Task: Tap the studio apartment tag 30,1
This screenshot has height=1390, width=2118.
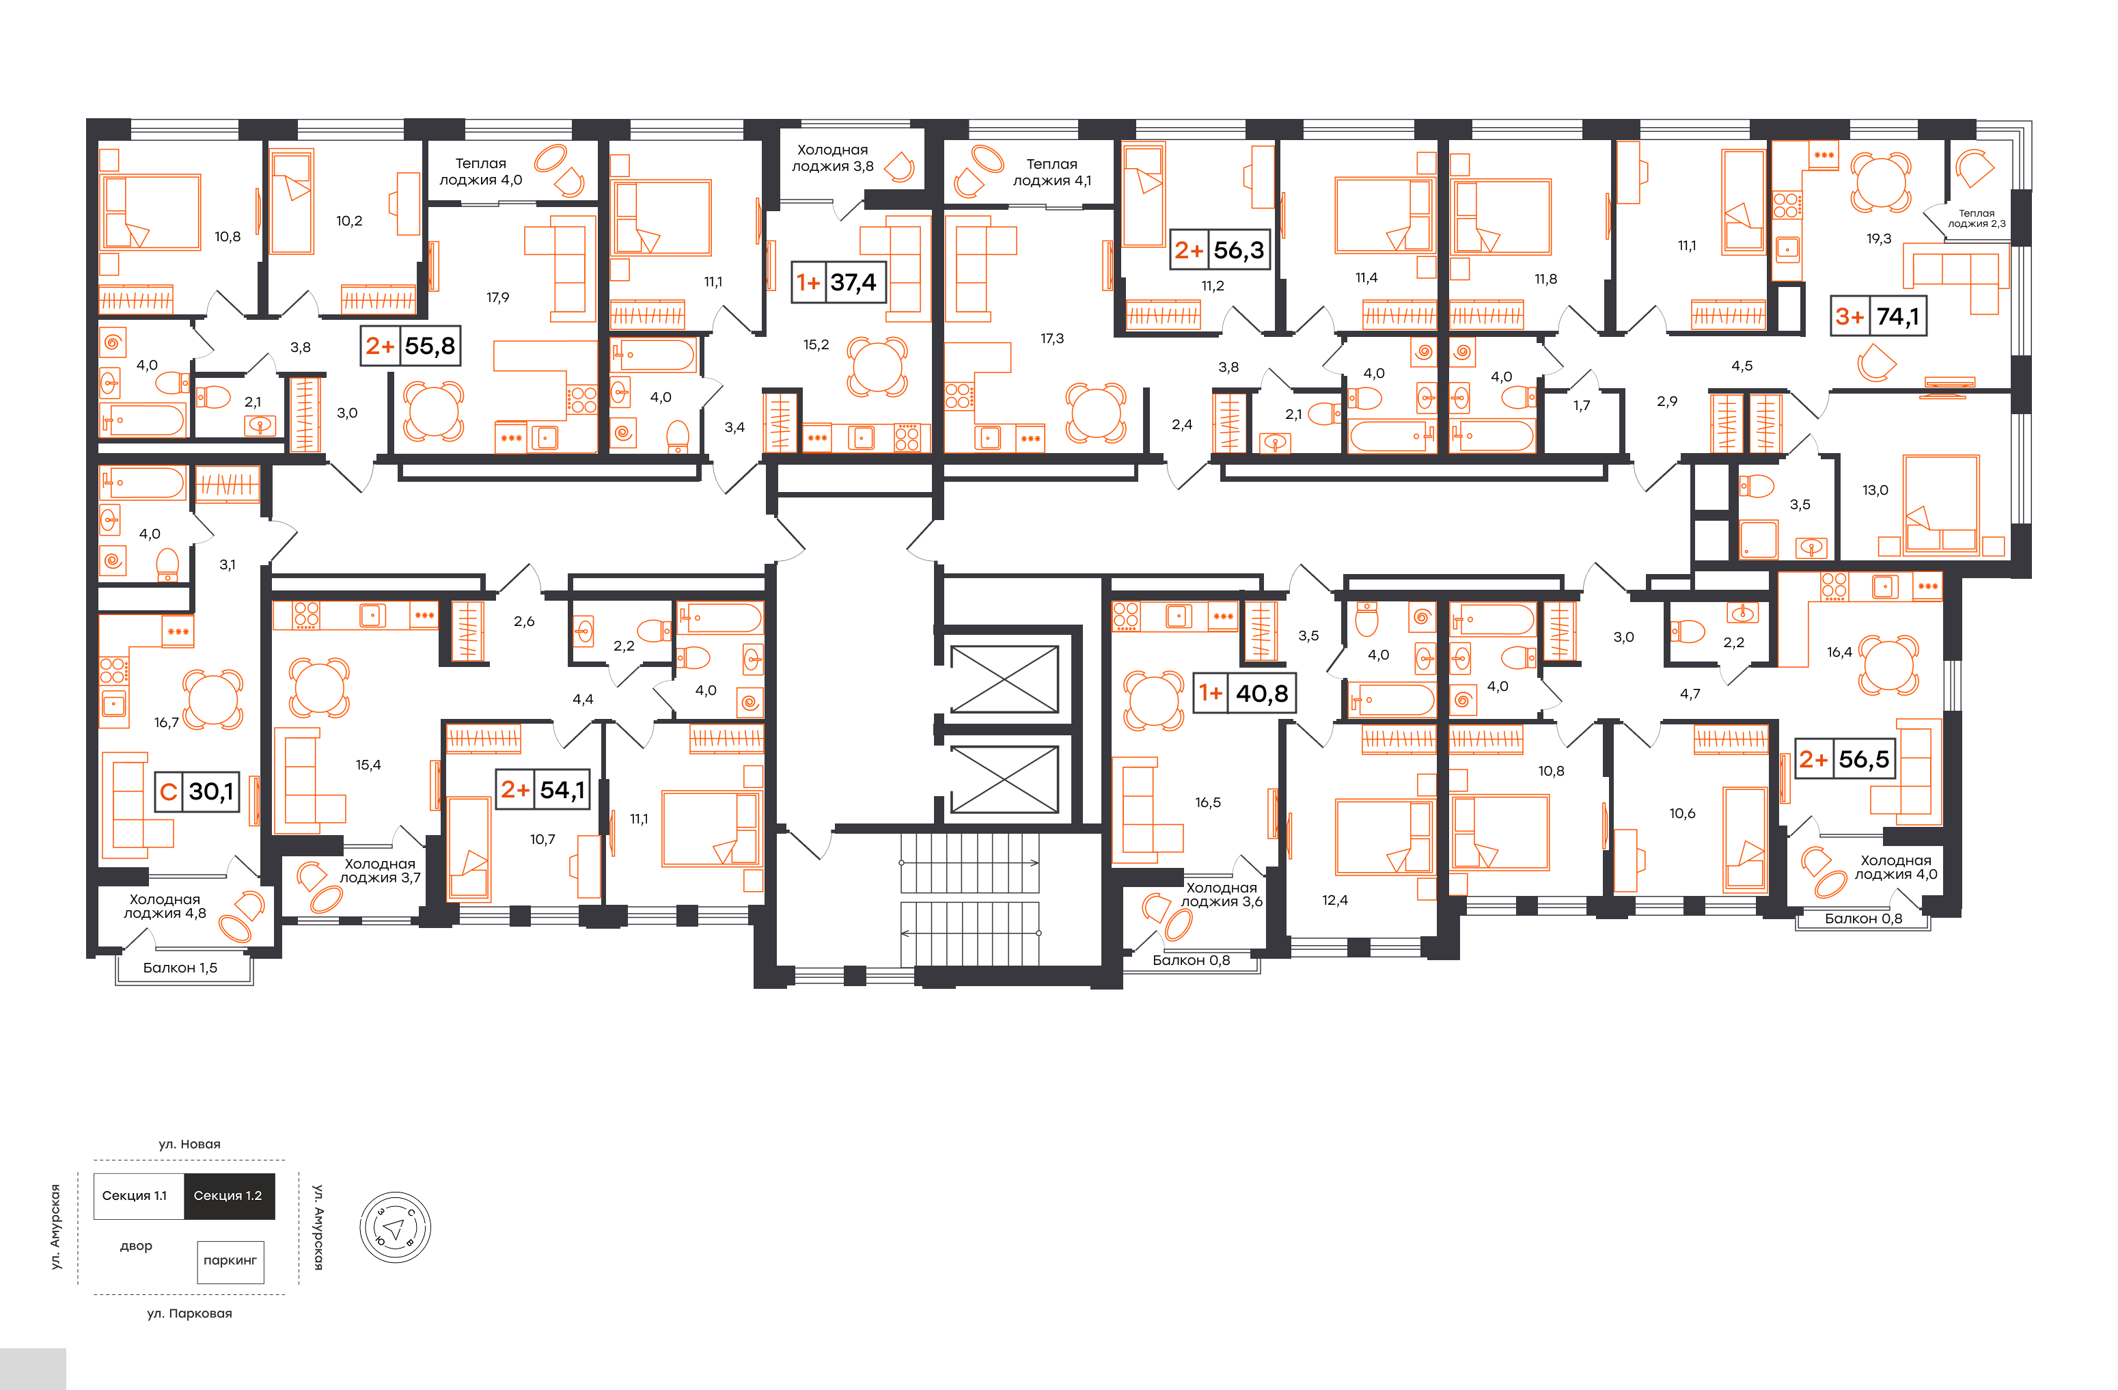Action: (x=197, y=791)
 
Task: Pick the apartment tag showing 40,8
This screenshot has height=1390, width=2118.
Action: (x=1244, y=693)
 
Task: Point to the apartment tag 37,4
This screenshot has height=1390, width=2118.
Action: (x=838, y=282)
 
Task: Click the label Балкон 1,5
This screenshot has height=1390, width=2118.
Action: (x=180, y=967)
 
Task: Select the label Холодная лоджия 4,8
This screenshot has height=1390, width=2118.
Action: (x=165, y=906)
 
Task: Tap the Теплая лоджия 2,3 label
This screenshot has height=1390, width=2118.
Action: (x=1977, y=218)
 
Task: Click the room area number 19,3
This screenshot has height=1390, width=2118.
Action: (x=1879, y=239)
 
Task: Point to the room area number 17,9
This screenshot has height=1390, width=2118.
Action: (x=497, y=297)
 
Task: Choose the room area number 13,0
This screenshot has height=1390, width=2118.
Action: (x=1875, y=490)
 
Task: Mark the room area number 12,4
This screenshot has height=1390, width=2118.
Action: (x=1335, y=901)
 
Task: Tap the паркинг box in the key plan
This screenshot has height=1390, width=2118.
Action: (x=230, y=1261)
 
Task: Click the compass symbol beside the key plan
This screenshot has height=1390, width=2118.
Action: (x=395, y=1227)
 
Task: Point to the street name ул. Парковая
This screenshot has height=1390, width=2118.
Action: (x=189, y=1313)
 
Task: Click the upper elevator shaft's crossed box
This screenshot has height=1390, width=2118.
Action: (x=1005, y=680)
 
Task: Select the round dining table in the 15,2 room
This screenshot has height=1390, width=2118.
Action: (x=877, y=366)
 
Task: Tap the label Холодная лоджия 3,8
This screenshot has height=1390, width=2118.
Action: (x=833, y=157)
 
